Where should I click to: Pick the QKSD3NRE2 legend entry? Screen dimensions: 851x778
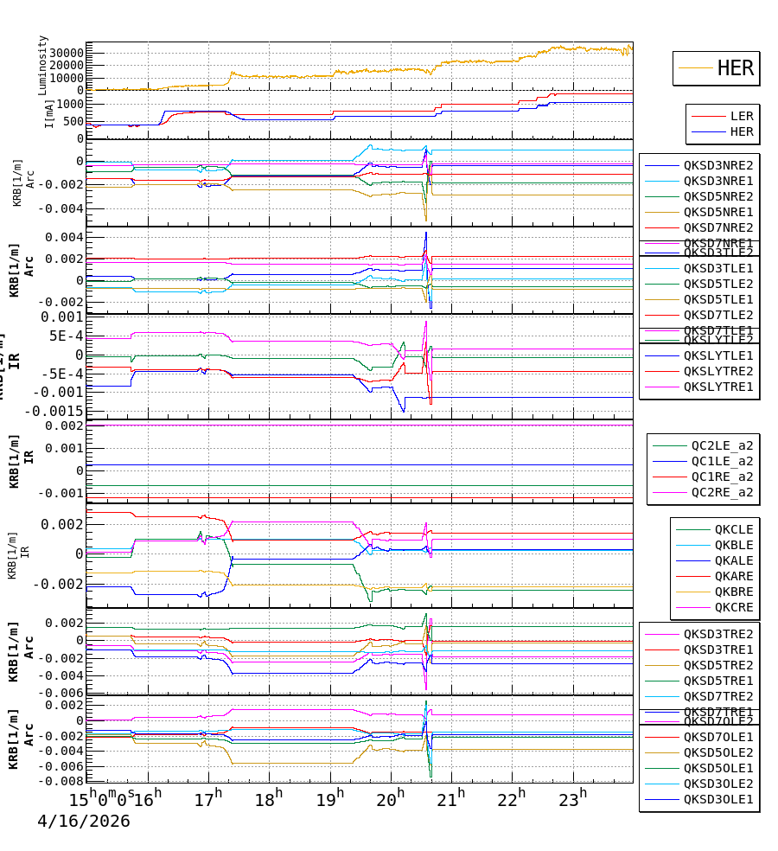pos(717,165)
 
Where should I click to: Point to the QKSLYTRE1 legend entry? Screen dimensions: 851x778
pos(717,387)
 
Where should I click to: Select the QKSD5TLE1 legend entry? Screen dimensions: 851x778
pos(717,299)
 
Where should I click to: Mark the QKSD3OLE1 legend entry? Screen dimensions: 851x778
pos(717,799)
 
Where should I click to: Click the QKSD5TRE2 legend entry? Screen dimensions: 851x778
pos(717,665)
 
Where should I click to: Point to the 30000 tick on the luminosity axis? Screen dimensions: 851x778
pos(65,53)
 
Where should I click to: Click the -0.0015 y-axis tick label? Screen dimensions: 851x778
pos(54,411)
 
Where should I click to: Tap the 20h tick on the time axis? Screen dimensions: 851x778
pos(392,797)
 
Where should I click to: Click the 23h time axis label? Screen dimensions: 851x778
pos(571,797)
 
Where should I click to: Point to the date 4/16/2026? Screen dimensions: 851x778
pos(83,822)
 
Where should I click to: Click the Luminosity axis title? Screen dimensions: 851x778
pos(43,65)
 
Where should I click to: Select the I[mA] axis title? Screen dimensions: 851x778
pos(49,114)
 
